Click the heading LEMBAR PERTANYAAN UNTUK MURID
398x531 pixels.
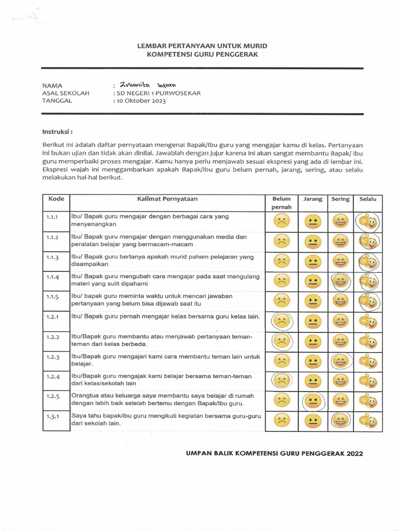[202, 46]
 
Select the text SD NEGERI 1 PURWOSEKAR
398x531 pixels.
[157, 93]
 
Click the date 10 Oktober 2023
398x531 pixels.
[140, 101]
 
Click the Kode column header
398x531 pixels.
[56, 199]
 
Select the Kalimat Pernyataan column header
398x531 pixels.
[167, 199]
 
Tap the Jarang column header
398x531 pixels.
[312, 199]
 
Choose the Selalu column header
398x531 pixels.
[367, 199]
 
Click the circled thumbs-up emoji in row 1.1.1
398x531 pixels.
[368, 222]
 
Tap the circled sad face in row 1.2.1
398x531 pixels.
[281, 322]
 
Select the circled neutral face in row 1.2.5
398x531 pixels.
[312, 401]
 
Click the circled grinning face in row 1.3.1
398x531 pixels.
[340, 421]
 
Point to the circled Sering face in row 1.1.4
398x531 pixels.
[340, 282]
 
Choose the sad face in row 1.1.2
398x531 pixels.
[281, 241]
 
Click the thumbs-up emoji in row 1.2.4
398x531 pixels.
[368, 381]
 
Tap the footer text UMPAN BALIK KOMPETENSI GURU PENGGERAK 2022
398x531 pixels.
[274, 453]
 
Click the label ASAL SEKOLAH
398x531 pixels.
[65, 93]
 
